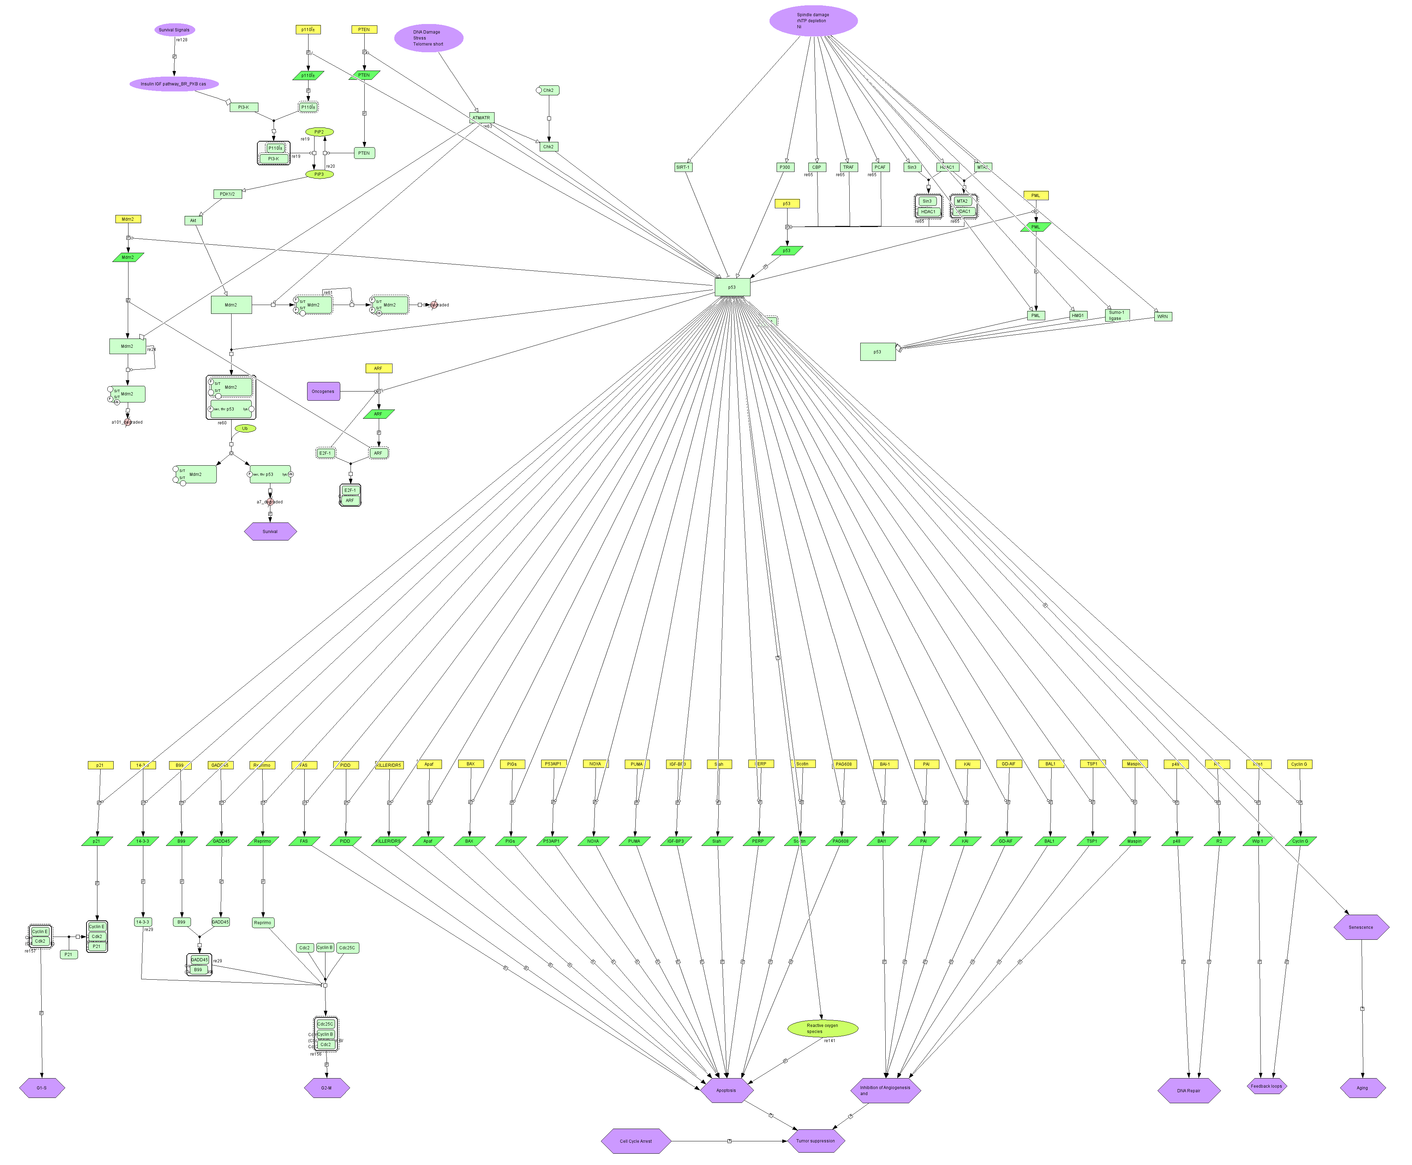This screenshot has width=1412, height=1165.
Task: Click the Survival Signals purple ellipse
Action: (x=174, y=30)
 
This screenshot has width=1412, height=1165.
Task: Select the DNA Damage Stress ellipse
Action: (x=428, y=37)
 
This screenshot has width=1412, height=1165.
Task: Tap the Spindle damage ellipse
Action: (x=813, y=20)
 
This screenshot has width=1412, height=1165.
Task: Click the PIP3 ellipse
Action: (x=319, y=174)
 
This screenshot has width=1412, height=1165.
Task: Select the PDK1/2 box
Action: (x=227, y=194)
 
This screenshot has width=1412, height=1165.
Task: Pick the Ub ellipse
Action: (x=245, y=428)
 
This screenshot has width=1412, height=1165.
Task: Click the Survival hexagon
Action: (x=270, y=532)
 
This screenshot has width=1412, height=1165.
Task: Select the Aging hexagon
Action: (x=1362, y=1088)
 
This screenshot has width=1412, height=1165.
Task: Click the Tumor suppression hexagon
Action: (x=815, y=1141)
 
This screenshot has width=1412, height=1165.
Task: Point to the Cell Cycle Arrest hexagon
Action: (x=635, y=1141)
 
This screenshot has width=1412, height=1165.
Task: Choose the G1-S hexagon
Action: (x=42, y=1088)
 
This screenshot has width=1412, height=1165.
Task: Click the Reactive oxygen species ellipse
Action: (x=822, y=1028)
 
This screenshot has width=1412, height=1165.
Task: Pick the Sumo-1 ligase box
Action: (x=1117, y=315)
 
